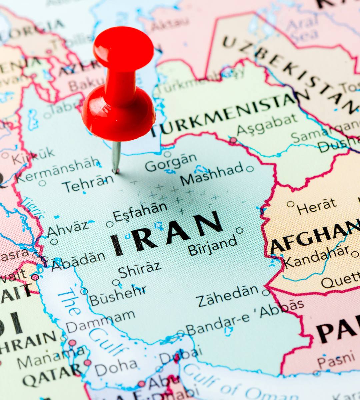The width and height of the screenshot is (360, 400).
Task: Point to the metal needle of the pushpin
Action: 116,157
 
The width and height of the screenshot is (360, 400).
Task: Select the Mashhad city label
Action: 212,174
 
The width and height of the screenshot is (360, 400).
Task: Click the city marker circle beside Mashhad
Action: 250,169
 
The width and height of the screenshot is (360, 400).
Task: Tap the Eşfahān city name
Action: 140,211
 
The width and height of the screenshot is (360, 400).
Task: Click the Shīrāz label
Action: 140,269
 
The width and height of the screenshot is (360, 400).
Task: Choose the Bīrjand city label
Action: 212,246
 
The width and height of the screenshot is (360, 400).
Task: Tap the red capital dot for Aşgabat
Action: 233,141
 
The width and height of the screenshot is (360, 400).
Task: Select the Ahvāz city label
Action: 68,229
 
